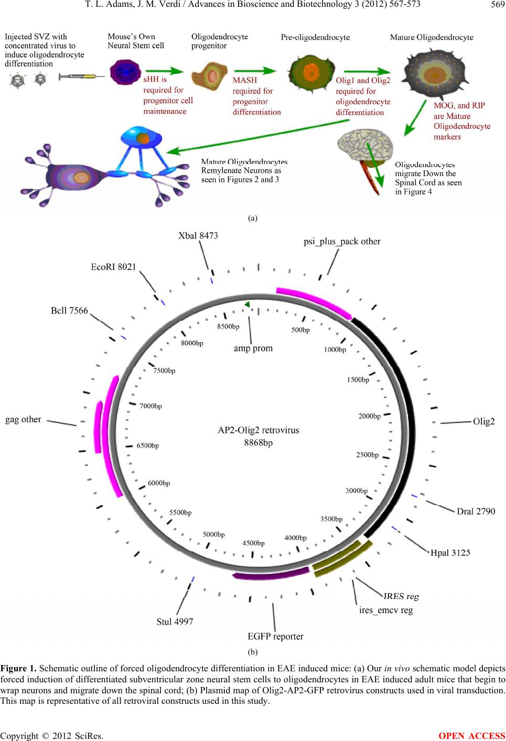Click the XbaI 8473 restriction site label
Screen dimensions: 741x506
click(198, 236)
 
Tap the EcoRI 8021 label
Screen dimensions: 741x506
click(114, 267)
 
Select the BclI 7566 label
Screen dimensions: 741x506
click(69, 311)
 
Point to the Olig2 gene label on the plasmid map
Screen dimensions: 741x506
click(483, 421)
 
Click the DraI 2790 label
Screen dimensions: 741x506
click(476, 511)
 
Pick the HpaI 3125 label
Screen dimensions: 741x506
click(450, 552)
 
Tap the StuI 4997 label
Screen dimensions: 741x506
click(175, 622)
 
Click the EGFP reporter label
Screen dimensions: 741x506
click(275, 637)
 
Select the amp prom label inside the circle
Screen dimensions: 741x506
click(253, 348)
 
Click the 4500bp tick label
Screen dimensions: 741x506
click(253, 543)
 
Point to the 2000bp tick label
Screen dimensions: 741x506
click(369, 417)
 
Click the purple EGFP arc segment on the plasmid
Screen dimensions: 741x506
click(272, 573)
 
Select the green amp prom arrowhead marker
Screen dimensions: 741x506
click(247, 304)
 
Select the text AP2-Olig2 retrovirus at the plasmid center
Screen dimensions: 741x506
click(259, 430)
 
